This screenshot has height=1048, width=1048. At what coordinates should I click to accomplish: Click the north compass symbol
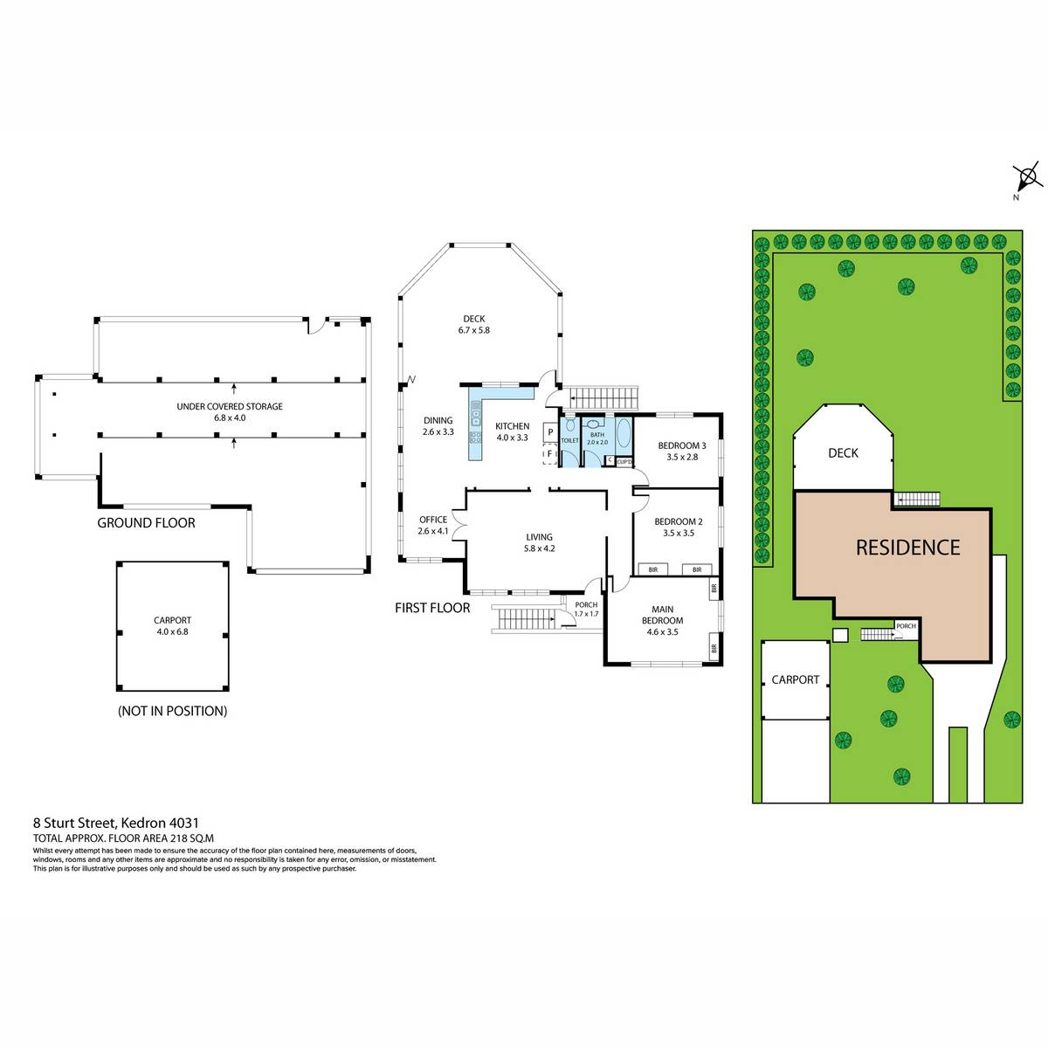tap(1027, 178)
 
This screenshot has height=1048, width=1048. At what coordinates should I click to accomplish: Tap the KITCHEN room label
tap(512, 426)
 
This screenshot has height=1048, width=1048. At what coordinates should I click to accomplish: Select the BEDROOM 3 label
tap(681, 445)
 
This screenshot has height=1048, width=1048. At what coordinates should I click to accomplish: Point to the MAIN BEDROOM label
tap(662, 615)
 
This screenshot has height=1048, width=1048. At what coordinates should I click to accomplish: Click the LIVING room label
tap(539, 537)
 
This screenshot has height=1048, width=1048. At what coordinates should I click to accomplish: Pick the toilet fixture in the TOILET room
tap(570, 424)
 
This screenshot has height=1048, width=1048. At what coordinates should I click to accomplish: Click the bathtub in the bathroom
tap(624, 433)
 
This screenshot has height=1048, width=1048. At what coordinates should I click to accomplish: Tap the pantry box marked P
tap(550, 432)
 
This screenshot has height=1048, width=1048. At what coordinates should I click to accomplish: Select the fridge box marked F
tap(550, 453)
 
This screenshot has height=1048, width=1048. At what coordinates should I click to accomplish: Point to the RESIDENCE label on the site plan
tap(907, 547)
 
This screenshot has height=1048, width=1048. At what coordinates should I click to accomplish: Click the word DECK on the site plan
tap(843, 453)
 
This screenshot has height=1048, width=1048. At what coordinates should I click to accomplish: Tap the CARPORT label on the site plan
tap(795, 679)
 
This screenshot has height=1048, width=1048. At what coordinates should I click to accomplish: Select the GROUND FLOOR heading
tap(146, 522)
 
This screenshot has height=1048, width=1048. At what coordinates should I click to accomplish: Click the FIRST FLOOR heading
tap(432, 608)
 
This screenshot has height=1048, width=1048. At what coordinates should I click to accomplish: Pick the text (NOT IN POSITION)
tap(172, 711)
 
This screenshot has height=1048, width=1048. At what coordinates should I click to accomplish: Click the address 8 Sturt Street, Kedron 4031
tap(116, 823)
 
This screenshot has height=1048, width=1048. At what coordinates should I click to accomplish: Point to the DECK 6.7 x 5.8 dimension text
tap(473, 330)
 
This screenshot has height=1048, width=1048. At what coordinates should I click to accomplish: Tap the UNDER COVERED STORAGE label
tap(230, 406)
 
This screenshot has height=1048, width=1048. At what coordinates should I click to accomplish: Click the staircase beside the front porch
tap(526, 618)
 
